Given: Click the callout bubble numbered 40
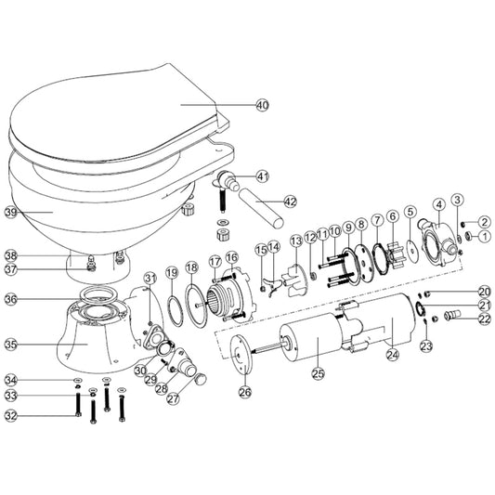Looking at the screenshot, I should pyautogui.click(x=262, y=106).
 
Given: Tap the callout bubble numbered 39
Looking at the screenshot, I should pyautogui.click(x=11, y=212).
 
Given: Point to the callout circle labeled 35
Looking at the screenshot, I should pyautogui.click(x=11, y=344).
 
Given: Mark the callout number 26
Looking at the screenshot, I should pyautogui.click(x=245, y=392).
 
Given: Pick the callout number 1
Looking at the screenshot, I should pyautogui.click(x=485, y=237).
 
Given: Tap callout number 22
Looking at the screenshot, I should pyautogui.click(x=485, y=319).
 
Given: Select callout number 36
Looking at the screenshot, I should pyautogui.click(x=11, y=299).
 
